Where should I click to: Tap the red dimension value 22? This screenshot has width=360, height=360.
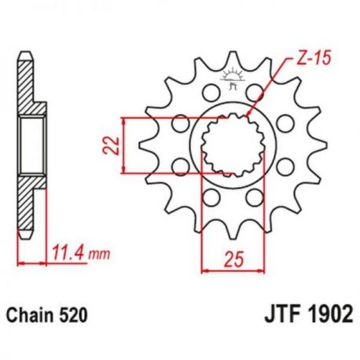pos(111,145)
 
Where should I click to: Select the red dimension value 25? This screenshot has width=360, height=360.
pos(234,259)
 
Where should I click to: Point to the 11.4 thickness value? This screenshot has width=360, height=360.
pos(69,253)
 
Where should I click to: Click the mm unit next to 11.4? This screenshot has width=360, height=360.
pos(99,255)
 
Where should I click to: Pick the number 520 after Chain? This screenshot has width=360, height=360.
pos(73,315)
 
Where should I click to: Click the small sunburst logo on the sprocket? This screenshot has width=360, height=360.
pos(232,78)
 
